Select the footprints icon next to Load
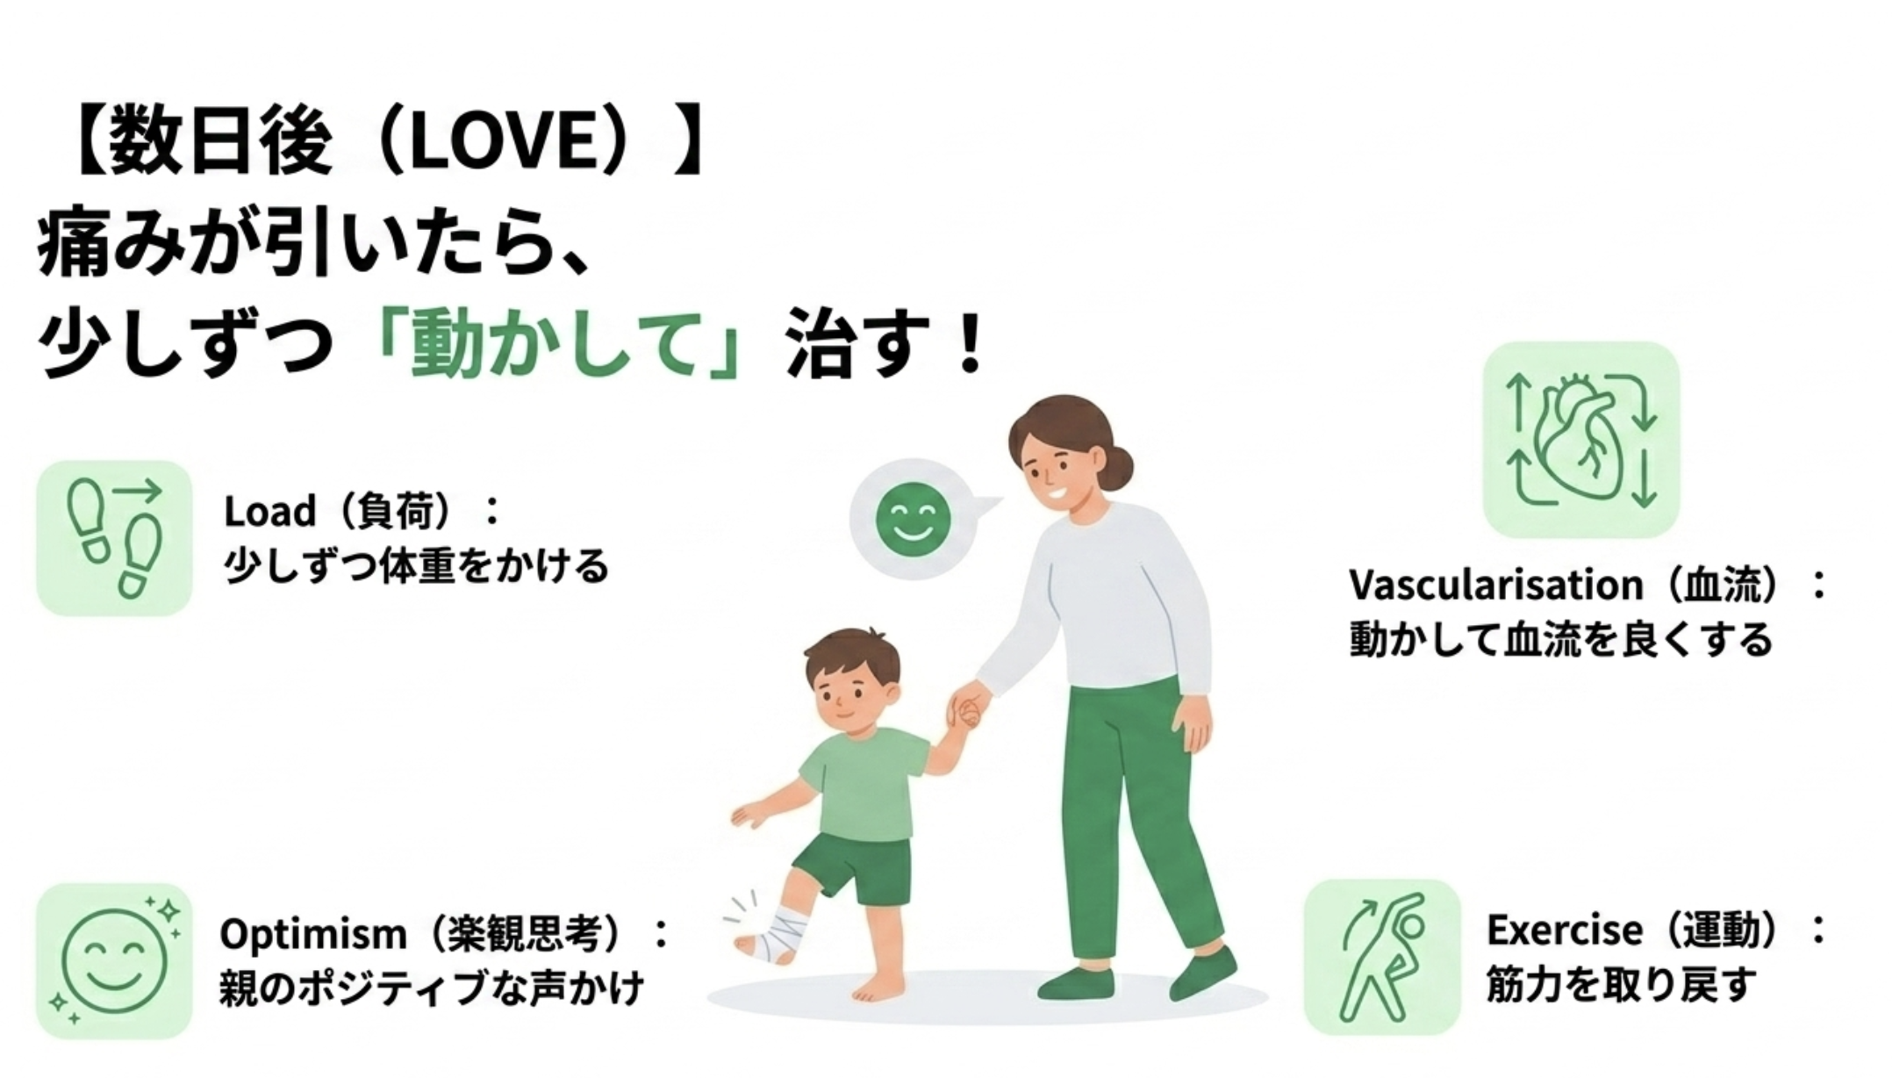point(114,537)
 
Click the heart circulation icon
point(1580,439)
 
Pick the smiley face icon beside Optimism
point(114,960)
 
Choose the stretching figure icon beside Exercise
point(1383,956)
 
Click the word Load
point(269,511)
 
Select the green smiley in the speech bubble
point(913,519)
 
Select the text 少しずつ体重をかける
point(416,565)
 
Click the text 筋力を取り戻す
point(1623,984)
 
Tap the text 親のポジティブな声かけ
point(432,988)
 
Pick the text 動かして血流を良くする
point(1561,639)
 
